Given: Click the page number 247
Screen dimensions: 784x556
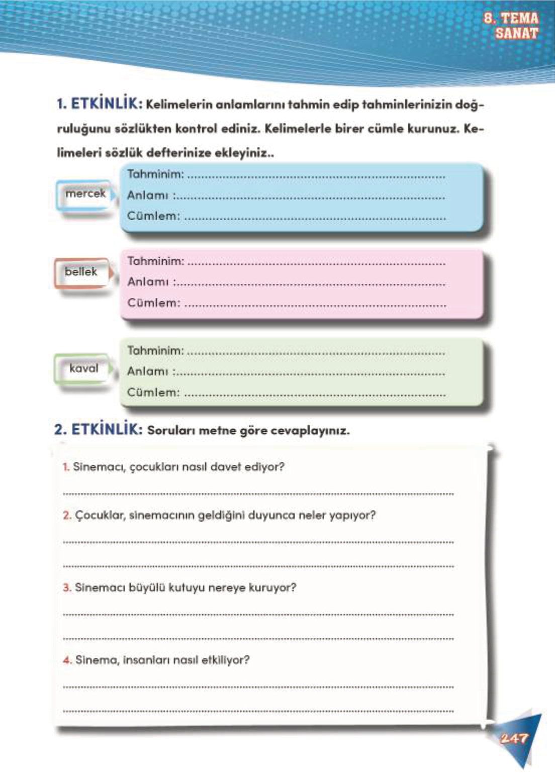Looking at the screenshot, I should [514, 738].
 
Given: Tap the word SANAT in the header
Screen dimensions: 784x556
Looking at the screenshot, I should [516, 33].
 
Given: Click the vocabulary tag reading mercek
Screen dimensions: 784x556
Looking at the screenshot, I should [85, 193].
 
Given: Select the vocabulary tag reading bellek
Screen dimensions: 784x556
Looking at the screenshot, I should [80, 272].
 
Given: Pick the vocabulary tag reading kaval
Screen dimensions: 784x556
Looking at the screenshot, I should [84, 368].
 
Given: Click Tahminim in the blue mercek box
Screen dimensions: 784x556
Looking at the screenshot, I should [155, 174].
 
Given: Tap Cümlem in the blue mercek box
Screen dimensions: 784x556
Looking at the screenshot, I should [153, 216].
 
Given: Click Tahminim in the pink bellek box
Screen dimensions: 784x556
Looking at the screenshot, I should [155, 261].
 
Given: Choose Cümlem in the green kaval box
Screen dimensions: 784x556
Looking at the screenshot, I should [153, 392].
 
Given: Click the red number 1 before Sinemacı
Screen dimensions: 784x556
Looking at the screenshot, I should [66, 467].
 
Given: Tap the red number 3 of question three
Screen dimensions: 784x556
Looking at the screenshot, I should [67, 588].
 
